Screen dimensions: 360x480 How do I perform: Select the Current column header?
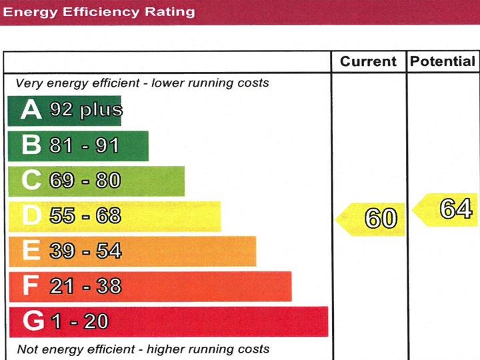pos(368,62)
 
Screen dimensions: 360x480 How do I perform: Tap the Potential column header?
pos(443,62)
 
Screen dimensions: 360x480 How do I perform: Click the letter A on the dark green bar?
pos(31,110)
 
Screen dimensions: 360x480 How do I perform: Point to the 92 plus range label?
pos(86,110)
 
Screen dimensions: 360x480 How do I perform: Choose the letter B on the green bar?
pos(31,145)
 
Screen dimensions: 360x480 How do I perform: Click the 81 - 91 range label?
pos(84,145)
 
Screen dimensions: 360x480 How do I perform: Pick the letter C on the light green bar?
pos(31,181)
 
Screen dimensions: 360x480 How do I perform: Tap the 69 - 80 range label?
pos(85,181)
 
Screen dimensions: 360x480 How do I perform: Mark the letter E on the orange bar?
pos(31,251)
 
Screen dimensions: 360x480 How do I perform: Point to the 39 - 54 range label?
pos(85,251)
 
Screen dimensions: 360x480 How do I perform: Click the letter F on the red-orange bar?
pos(31,286)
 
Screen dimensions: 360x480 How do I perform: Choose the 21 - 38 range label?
pos(85,286)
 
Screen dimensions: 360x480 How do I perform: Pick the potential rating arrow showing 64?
pos(448,210)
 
